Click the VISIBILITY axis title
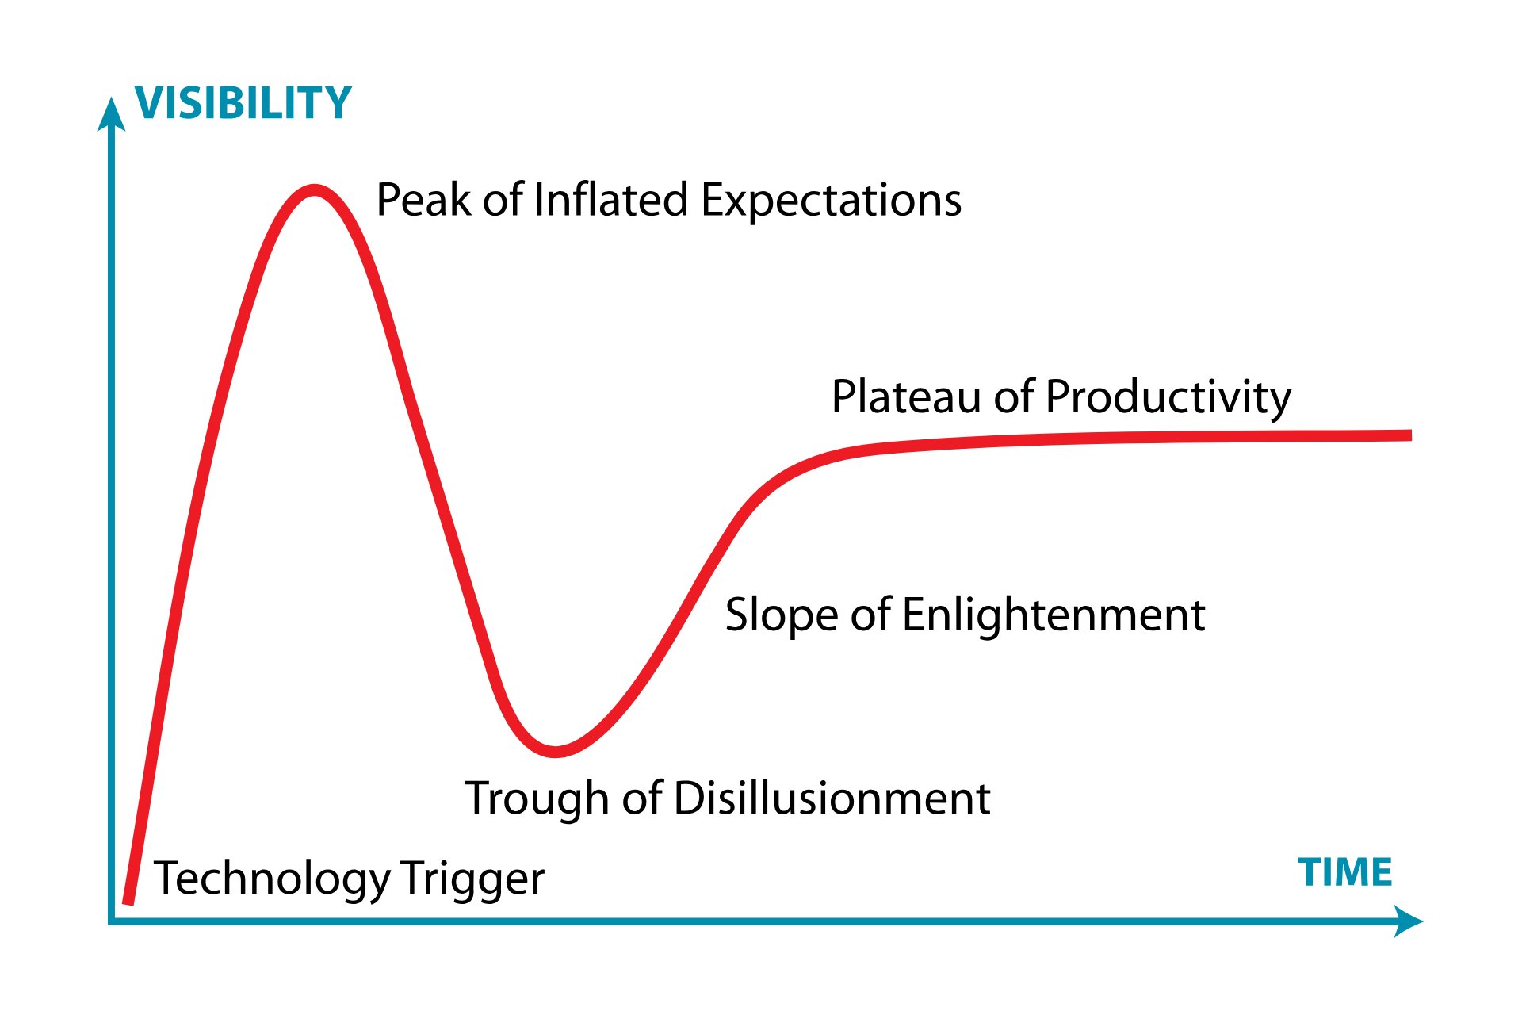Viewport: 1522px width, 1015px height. tap(243, 103)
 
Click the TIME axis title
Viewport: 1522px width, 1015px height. tap(1345, 872)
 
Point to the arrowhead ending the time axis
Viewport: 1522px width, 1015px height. tap(1408, 921)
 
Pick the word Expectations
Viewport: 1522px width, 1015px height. tap(832, 201)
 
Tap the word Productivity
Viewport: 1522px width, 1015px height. tap(1168, 398)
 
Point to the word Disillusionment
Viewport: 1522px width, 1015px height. tap(832, 799)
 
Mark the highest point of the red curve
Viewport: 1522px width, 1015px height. tap(315, 190)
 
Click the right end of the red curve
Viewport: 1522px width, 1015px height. tap(1410, 435)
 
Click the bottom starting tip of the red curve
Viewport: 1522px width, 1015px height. tap(128, 901)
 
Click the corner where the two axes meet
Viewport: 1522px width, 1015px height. tap(111, 921)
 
